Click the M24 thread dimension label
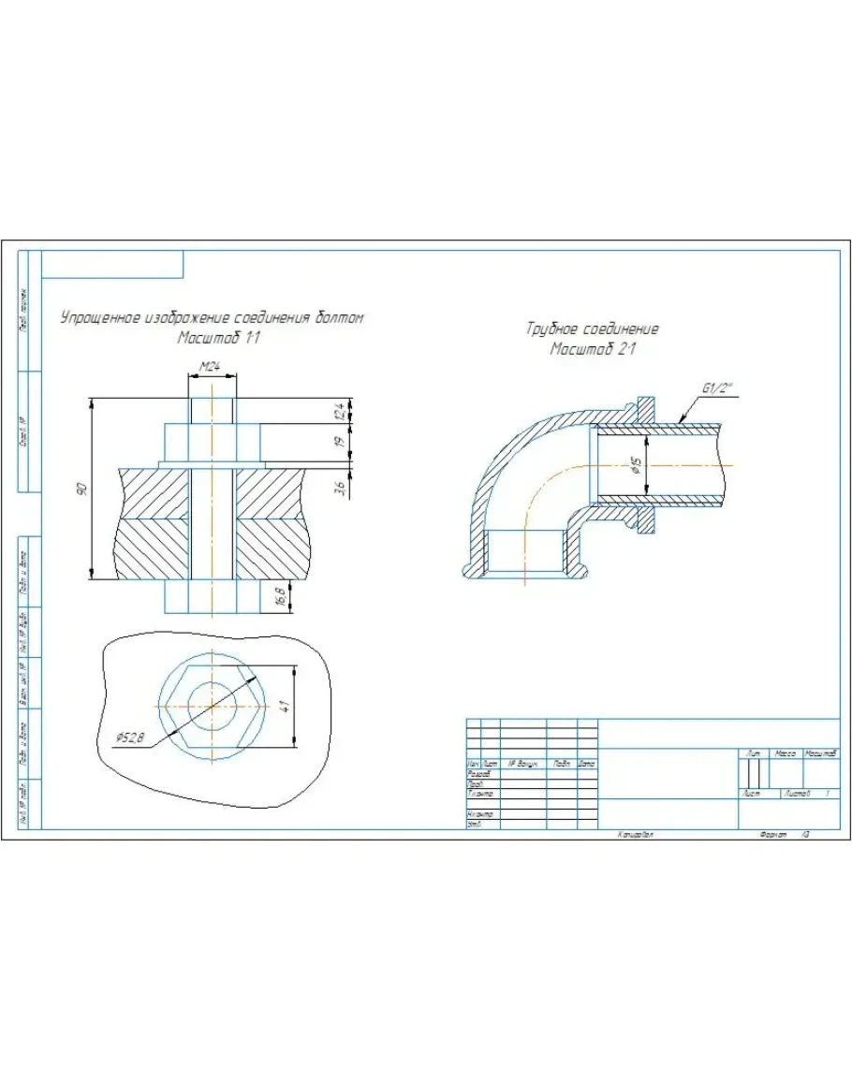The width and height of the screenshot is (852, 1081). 210,368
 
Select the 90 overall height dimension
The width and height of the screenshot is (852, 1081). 81,489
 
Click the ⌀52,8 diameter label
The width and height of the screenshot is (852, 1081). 131,738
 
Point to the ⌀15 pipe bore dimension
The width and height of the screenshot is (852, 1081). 636,465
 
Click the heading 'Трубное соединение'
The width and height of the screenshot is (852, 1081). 593,329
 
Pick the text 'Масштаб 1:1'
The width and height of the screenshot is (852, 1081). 218,338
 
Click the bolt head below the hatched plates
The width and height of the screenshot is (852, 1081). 213,596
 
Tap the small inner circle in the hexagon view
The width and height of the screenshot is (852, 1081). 213,704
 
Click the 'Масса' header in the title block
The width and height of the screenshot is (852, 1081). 785,753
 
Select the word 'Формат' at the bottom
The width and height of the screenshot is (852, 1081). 774,833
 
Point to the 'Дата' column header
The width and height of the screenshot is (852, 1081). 587,764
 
